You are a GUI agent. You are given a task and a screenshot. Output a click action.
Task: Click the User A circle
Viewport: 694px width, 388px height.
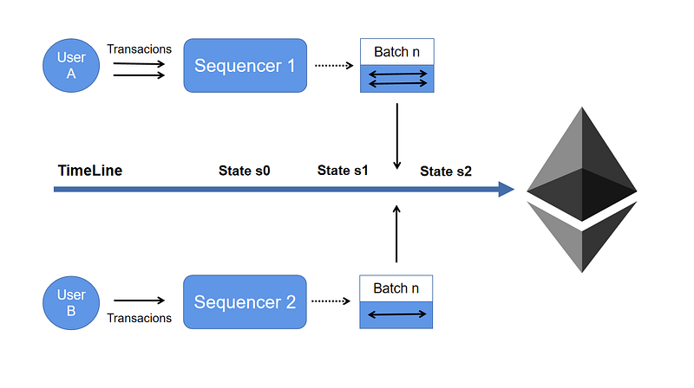(71, 64)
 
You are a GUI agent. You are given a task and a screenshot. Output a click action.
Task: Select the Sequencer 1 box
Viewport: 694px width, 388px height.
(245, 66)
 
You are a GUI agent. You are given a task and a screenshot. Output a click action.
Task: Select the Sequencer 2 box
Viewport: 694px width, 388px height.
(245, 302)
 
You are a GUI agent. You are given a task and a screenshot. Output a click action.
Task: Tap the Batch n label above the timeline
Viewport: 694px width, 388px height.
(396, 52)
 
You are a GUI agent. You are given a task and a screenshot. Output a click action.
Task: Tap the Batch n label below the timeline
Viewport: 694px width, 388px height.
(396, 288)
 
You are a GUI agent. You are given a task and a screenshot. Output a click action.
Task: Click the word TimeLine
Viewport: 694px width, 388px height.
(90, 171)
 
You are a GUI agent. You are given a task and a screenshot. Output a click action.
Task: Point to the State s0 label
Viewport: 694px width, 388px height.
(244, 171)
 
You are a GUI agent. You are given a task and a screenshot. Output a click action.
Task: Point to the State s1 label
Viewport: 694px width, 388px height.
(343, 171)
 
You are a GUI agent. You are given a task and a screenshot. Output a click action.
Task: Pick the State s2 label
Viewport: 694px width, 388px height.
(446, 171)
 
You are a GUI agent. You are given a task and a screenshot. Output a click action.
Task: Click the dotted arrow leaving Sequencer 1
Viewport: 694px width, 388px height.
(332, 66)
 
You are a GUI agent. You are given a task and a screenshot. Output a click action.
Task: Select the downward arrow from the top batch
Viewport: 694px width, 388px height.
(396, 136)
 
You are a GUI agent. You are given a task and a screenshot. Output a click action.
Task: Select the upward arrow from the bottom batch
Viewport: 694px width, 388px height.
(396, 234)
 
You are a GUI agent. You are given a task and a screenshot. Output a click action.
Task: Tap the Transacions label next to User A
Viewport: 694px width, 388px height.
(139, 48)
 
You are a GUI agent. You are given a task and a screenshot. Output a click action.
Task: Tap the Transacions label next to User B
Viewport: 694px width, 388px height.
(139, 318)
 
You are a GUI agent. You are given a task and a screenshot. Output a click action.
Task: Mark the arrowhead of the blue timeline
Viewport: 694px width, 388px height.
(507, 189)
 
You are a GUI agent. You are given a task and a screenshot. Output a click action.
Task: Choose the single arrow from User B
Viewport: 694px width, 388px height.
(139, 302)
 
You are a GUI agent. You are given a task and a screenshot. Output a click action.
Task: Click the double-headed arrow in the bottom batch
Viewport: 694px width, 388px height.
(396, 314)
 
